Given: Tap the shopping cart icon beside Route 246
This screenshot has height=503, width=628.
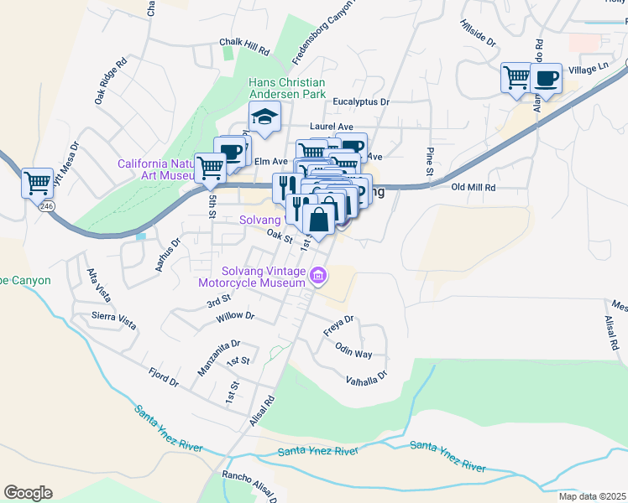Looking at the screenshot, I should [37, 182].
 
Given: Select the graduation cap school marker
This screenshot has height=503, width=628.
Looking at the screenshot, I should [264, 117].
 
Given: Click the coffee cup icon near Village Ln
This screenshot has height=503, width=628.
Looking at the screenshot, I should [547, 79].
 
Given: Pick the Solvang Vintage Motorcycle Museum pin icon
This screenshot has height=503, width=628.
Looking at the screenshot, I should [317, 275].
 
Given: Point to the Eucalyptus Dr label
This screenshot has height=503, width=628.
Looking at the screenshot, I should [361, 101].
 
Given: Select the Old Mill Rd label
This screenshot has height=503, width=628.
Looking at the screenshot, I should [474, 188].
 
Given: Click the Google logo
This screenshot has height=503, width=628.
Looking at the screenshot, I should [28, 492].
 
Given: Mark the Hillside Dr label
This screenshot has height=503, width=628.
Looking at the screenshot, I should [479, 33].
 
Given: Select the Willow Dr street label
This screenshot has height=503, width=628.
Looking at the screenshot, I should [235, 316].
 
